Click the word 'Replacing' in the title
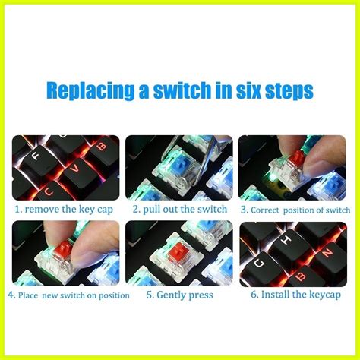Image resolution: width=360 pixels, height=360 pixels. point(83,92)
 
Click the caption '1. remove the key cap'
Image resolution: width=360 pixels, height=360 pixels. point(65,209)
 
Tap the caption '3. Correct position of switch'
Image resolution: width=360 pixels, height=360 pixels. point(295,209)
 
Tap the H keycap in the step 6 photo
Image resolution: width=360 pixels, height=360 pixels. point(284,242)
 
